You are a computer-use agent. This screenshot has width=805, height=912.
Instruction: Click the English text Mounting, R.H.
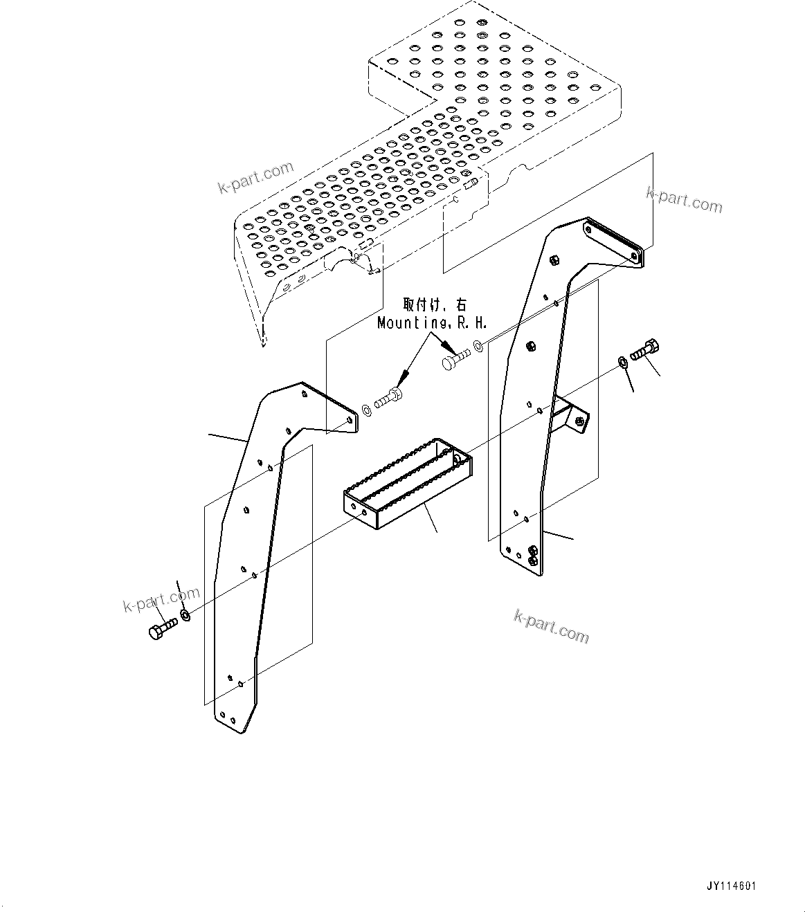click(433, 322)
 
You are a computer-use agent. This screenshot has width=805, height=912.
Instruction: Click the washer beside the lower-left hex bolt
click(185, 614)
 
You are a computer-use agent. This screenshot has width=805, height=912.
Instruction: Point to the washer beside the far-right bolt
click(622, 361)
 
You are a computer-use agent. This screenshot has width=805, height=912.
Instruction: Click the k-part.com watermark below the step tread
click(552, 626)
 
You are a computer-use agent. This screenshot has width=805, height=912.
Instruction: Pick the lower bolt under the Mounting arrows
click(390, 399)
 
